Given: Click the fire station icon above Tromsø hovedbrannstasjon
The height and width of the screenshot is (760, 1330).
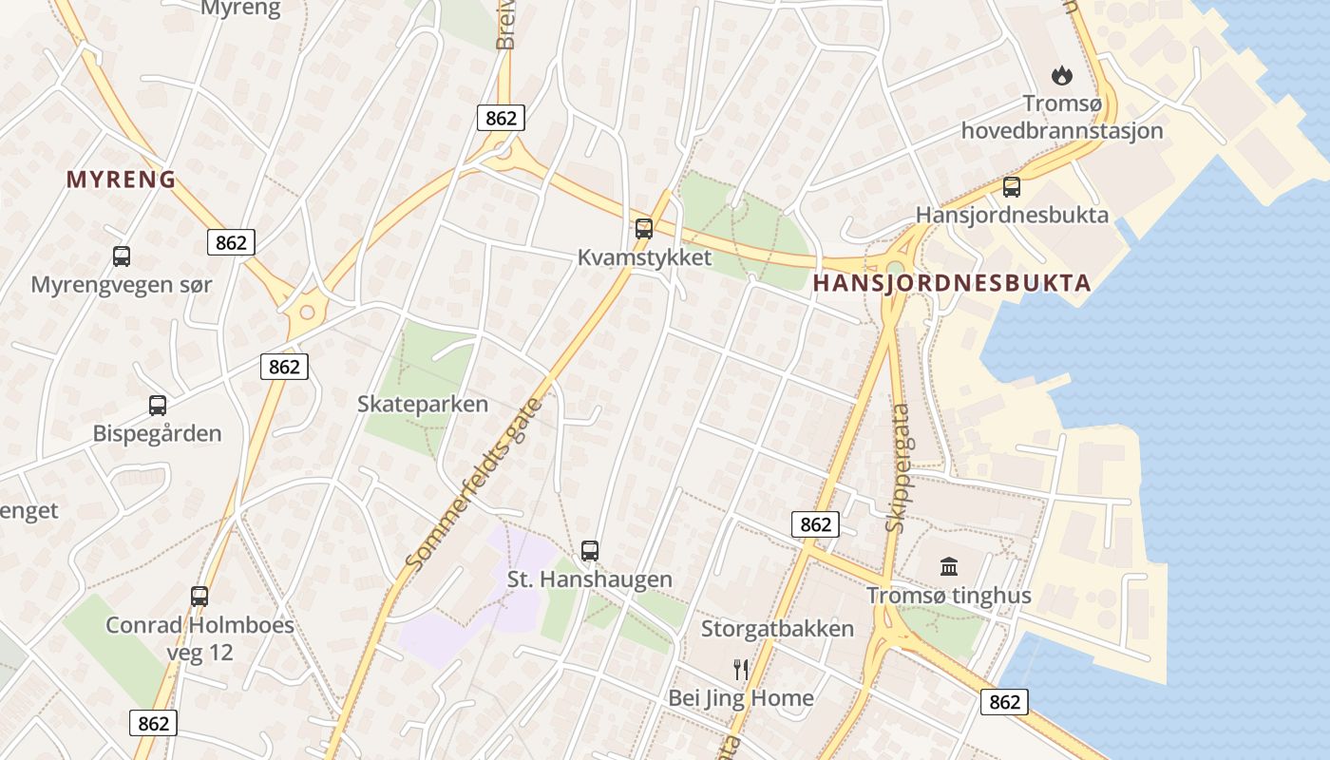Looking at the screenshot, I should tap(1061, 74).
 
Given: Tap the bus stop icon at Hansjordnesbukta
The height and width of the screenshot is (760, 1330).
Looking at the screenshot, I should tap(1012, 186).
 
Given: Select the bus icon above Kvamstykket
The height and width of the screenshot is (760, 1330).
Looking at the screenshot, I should tap(644, 228).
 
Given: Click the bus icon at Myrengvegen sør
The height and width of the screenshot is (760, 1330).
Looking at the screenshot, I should tap(122, 256).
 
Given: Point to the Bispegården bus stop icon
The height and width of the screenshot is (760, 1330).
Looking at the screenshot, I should tap(158, 405).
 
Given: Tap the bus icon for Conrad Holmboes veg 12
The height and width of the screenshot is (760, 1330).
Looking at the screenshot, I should tap(199, 596).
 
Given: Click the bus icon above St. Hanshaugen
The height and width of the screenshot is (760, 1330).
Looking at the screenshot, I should tap(590, 550).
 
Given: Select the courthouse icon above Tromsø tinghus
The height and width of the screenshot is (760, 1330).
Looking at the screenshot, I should tap(948, 567).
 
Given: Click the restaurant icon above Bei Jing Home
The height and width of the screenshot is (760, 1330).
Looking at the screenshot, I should tap(741, 670).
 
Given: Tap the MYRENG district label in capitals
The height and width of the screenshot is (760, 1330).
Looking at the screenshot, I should tap(121, 179).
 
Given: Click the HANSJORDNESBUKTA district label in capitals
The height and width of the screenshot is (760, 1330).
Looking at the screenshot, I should tap(952, 282).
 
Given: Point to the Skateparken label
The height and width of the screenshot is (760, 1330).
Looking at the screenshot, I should tap(423, 404).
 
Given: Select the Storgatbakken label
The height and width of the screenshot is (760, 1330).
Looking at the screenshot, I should tap(777, 629).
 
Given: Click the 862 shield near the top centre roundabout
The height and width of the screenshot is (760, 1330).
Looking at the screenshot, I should tap(501, 118).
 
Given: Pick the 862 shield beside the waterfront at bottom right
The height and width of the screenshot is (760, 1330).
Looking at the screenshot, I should tap(1004, 701).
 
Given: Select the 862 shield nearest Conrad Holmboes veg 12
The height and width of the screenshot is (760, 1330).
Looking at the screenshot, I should tap(153, 723).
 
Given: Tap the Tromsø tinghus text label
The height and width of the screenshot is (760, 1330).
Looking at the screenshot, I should tap(948, 597).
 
